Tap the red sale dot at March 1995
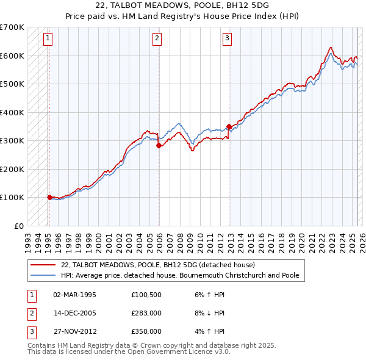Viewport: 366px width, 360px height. (x=49, y=197)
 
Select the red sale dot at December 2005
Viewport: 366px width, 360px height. (x=159, y=146)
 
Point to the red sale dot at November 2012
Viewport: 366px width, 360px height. (x=229, y=127)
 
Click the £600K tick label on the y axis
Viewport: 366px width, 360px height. (x=12, y=56)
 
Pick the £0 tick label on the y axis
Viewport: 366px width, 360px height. (x=18, y=226)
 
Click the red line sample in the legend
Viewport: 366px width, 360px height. (x=43, y=265)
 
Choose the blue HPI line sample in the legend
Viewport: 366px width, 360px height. (x=43, y=276)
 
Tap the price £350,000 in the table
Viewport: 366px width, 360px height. (x=146, y=331)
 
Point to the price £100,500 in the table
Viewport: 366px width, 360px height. (x=146, y=295)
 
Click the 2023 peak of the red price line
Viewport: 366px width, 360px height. (x=330, y=48)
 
